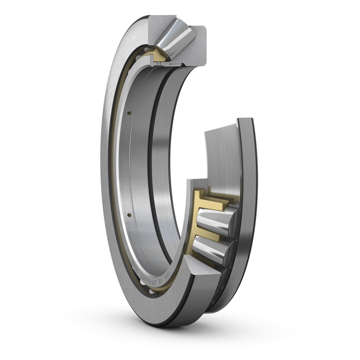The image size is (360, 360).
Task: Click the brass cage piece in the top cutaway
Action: tap(159, 54)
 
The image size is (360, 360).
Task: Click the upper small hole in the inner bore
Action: tap(129, 113)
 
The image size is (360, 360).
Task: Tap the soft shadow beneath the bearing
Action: tap(182, 331)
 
